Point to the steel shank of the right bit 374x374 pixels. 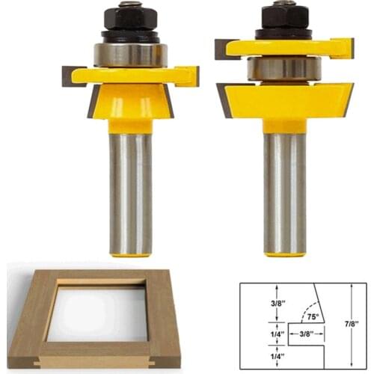pos(284,194)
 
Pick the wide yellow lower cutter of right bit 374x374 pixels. pos(284,101)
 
